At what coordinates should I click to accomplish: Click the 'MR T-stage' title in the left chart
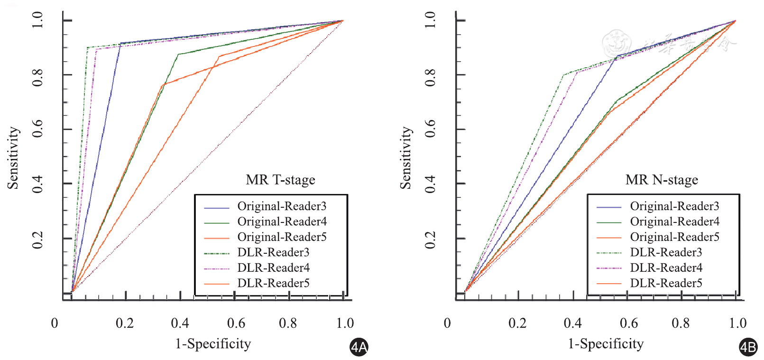[280, 180]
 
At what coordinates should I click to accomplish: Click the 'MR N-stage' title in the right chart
[662, 180]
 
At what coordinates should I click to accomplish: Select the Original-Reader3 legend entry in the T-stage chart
[282, 206]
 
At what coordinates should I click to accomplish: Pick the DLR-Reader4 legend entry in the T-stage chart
[274, 268]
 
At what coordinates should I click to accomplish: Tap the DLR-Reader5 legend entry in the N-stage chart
[666, 283]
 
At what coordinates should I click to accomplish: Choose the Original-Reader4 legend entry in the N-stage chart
[674, 222]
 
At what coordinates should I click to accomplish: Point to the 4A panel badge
[359, 347]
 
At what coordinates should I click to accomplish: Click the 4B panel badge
[748, 347]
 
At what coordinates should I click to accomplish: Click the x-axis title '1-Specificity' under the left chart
[213, 343]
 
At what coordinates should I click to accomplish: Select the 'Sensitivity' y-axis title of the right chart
[405, 158]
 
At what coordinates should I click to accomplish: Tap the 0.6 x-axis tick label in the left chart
[236, 323]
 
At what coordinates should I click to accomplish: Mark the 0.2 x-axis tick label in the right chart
[517, 323]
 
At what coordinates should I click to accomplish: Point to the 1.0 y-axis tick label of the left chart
[38, 20]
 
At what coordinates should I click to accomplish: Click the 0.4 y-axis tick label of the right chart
[430, 184]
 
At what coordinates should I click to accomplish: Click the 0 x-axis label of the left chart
[55, 323]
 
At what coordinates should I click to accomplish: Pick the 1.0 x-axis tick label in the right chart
[737, 323]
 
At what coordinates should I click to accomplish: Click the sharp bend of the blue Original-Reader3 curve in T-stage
[120, 44]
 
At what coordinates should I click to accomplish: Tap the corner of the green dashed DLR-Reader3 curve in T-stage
[87, 47]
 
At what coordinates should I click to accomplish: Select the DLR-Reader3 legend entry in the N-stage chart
[666, 252]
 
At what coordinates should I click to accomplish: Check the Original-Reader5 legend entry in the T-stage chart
[282, 237]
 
